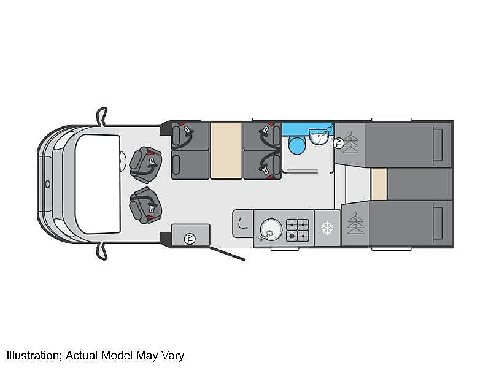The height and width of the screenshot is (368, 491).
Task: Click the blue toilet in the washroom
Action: coord(296,145)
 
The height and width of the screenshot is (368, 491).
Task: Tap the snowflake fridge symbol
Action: coord(328,228)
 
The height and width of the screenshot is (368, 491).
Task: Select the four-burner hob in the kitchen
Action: coord(298,230)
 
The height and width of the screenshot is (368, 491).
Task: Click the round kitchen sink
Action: coord(271,229)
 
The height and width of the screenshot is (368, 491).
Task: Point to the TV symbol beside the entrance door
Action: coord(190,239)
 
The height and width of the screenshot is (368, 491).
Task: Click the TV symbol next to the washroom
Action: coord(339,143)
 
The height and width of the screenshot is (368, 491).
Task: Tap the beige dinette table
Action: coord(226,150)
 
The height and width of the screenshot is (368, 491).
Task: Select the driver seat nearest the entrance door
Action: coord(145,205)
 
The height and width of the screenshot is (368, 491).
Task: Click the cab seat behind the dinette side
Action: coord(145,164)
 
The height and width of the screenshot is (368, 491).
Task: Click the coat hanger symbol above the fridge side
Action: coord(356,223)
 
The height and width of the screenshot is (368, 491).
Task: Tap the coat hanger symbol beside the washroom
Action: coord(350,142)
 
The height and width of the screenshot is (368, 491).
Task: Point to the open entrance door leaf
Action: coord(226,253)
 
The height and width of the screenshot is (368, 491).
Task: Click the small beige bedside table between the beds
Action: coord(379,184)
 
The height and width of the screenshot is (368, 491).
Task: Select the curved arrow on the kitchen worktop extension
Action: coord(242,223)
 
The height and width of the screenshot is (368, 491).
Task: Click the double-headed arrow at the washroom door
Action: coord(303,170)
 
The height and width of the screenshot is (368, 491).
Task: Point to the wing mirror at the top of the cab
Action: coord(102,117)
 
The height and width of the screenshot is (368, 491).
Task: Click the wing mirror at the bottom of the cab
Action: coord(102,251)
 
